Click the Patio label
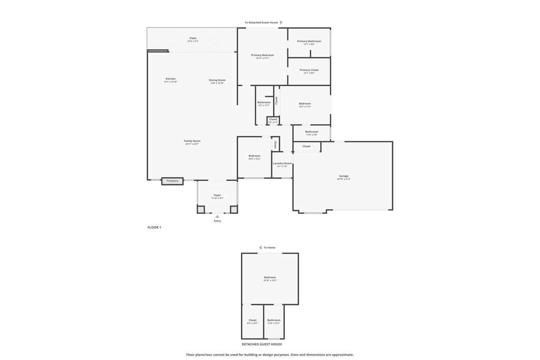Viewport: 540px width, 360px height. coord(193,38)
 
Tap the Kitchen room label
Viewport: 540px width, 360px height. coord(170,79)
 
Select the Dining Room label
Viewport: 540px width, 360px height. coord(217,81)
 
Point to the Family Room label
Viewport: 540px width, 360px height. coord(192,141)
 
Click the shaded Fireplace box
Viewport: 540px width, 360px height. coord(172,181)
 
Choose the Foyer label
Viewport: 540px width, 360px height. coord(217,196)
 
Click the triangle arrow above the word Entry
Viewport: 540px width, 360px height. coord(217,216)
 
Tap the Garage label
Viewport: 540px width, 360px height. coord(344,177)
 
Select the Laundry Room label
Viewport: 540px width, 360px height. coord(282,164)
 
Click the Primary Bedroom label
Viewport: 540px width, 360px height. coord(262,55)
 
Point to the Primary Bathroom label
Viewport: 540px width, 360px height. coord(309,42)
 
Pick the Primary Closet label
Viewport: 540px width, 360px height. coord(309,70)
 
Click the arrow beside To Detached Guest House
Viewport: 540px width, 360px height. coord(282,23)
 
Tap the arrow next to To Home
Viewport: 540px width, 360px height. coord(260,248)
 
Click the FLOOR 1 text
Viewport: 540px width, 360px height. coord(154,228)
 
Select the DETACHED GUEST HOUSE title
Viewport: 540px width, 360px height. coord(262,344)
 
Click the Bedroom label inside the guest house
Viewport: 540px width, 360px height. coord(270,278)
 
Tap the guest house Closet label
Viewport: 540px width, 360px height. coord(253,320)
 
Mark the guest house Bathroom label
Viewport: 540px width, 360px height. coord(274,320)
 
